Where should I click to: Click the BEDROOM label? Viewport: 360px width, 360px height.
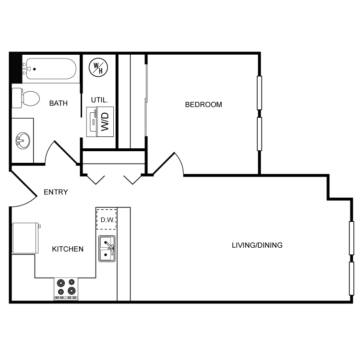[204, 104]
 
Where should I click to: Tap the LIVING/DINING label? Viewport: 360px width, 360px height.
[257, 245]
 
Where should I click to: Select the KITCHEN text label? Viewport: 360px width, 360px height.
[68, 249]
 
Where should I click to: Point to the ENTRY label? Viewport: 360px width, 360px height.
[56, 192]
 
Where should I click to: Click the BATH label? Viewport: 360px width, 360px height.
[59, 103]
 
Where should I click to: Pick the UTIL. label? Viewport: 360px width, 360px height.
[100, 100]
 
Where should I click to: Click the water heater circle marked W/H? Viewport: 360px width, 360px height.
[99, 68]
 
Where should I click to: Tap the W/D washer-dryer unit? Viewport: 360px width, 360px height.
[100, 120]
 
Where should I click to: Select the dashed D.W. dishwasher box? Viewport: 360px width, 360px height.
[107, 220]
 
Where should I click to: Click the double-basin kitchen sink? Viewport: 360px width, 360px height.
[107, 249]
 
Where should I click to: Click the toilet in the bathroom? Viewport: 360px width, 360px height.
[28, 98]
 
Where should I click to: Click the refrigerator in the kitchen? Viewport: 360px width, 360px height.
[25, 238]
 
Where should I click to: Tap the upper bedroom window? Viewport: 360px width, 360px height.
[259, 93]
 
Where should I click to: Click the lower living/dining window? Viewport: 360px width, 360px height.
[351, 278]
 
